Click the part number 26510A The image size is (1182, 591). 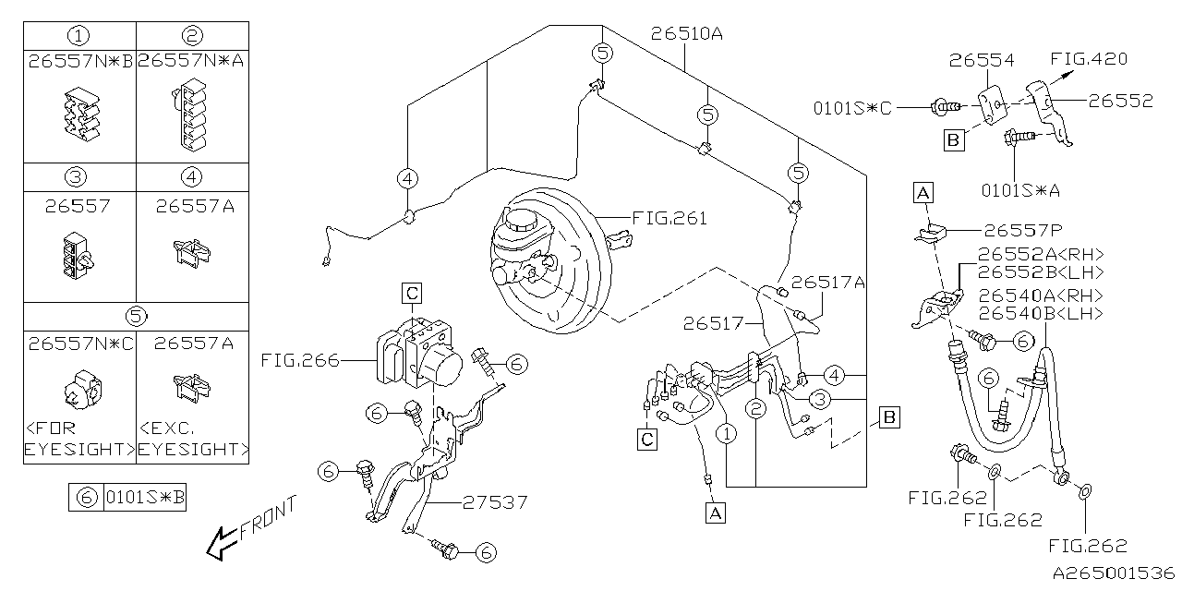coord(685,35)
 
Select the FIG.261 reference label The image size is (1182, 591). coord(669,219)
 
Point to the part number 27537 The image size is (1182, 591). coord(495,502)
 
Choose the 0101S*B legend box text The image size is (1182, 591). coord(145,499)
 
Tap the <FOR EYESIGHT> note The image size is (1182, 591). coord(79,439)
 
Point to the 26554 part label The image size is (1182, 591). coord(983,61)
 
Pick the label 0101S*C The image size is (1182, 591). coord(853,107)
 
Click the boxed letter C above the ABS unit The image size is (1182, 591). coord(412,294)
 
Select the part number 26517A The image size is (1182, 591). coord(827,283)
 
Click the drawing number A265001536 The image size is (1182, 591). coord(1114,573)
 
